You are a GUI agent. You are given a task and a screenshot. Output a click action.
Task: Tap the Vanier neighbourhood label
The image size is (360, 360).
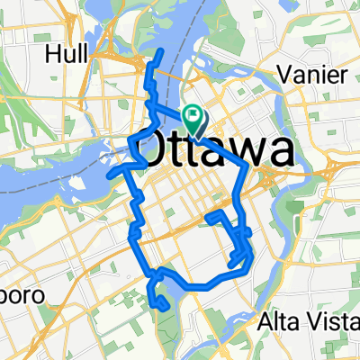pyautogui.click(x=308, y=73)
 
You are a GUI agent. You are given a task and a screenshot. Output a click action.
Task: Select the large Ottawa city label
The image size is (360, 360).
pyautogui.click(x=216, y=148)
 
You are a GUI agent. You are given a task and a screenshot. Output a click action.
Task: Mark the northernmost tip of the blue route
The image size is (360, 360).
pyautogui.click(x=161, y=51)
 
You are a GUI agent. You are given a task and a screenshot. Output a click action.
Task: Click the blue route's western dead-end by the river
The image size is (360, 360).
pyautogui.click(x=108, y=175)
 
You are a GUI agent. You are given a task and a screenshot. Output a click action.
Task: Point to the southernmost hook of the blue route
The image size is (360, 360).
pyautogui.click(x=165, y=309)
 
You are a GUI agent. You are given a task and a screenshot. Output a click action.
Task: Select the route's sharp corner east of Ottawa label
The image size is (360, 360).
pyautogui.click(x=249, y=165)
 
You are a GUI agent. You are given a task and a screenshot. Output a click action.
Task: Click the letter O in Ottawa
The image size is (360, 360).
pyautogui.click(x=153, y=149)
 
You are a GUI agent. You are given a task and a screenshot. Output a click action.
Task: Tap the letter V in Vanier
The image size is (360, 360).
pyautogui.click(x=282, y=73)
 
